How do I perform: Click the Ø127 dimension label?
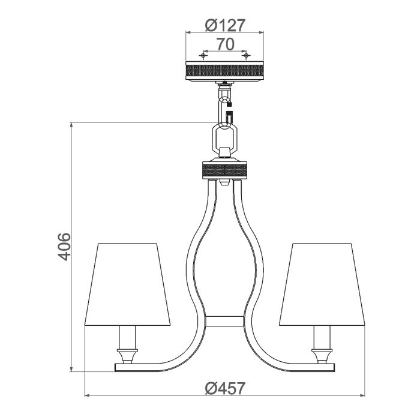(x=225, y=25)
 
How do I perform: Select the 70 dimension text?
(x=225, y=44)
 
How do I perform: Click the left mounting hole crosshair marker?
(x=204, y=56)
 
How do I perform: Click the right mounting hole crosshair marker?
(x=245, y=56)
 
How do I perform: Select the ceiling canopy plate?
(x=225, y=71)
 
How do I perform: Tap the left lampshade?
(x=133, y=283)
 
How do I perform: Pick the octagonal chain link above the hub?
(x=225, y=139)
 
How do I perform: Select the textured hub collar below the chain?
(x=225, y=171)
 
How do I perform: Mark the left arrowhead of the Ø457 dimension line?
(x=86, y=396)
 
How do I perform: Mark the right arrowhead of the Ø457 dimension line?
(x=365, y=396)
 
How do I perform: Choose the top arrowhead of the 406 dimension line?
(x=72, y=125)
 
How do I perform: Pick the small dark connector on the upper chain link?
(x=229, y=111)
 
